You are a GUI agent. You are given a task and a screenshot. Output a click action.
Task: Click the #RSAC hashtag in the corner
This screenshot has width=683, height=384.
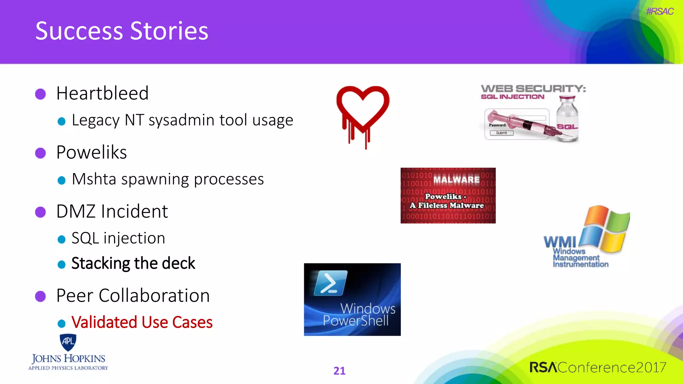pyautogui.click(x=659, y=12)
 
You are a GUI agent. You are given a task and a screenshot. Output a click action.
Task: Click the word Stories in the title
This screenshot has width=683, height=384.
pyautogui.click(x=169, y=31)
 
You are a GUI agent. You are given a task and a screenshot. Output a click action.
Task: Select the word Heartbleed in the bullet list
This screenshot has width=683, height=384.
pyautogui.click(x=102, y=93)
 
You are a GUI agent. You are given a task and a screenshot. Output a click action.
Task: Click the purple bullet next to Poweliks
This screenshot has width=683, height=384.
pyautogui.click(x=40, y=153)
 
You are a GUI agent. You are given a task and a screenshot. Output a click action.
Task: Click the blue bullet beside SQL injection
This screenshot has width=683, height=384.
pyautogui.click(x=61, y=239)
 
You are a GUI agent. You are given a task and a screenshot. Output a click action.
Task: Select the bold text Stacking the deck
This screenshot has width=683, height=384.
pyautogui.click(x=133, y=263)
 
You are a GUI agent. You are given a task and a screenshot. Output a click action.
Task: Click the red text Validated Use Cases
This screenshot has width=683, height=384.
pyautogui.click(x=142, y=322)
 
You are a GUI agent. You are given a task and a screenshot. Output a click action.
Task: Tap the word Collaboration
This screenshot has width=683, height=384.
pyautogui.click(x=154, y=296)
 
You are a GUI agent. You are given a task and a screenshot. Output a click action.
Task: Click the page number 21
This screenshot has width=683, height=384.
pyautogui.click(x=339, y=371)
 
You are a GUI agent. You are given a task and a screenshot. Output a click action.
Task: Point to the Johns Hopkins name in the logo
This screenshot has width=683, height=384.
pyautogui.click(x=68, y=359)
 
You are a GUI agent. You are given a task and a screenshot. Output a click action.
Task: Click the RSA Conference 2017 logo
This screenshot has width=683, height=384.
pyautogui.click(x=597, y=367)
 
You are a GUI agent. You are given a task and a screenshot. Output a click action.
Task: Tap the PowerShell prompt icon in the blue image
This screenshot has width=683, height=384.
pyautogui.click(x=330, y=283)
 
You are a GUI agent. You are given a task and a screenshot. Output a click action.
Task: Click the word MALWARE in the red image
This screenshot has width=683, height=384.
pyautogui.click(x=456, y=180)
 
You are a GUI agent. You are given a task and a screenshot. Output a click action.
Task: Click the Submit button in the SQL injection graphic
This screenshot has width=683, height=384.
pyautogui.click(x=501, y=133)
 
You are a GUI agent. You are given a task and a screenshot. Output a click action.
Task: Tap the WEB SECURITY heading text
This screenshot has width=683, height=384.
pyautogui.click(x=533, y=89)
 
